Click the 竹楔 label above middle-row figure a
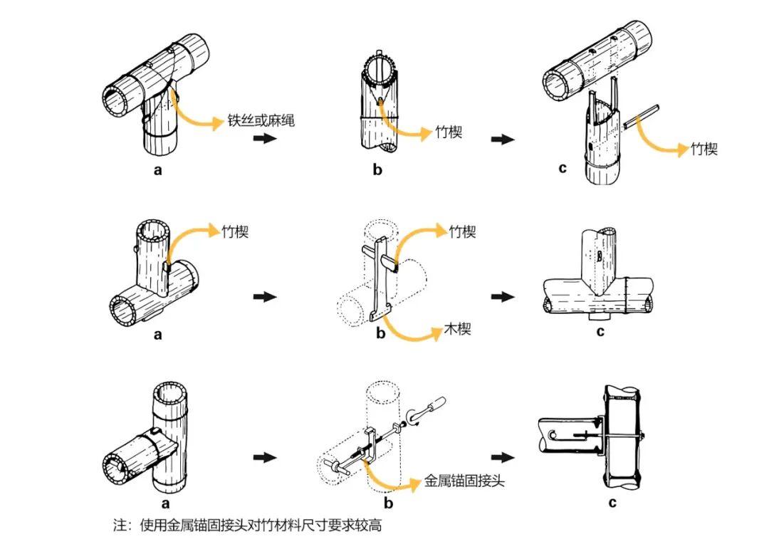click(235, 232)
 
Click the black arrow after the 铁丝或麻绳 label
click(264, 139)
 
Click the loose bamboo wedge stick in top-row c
click(641, 116)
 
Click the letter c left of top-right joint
click(563, 168)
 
